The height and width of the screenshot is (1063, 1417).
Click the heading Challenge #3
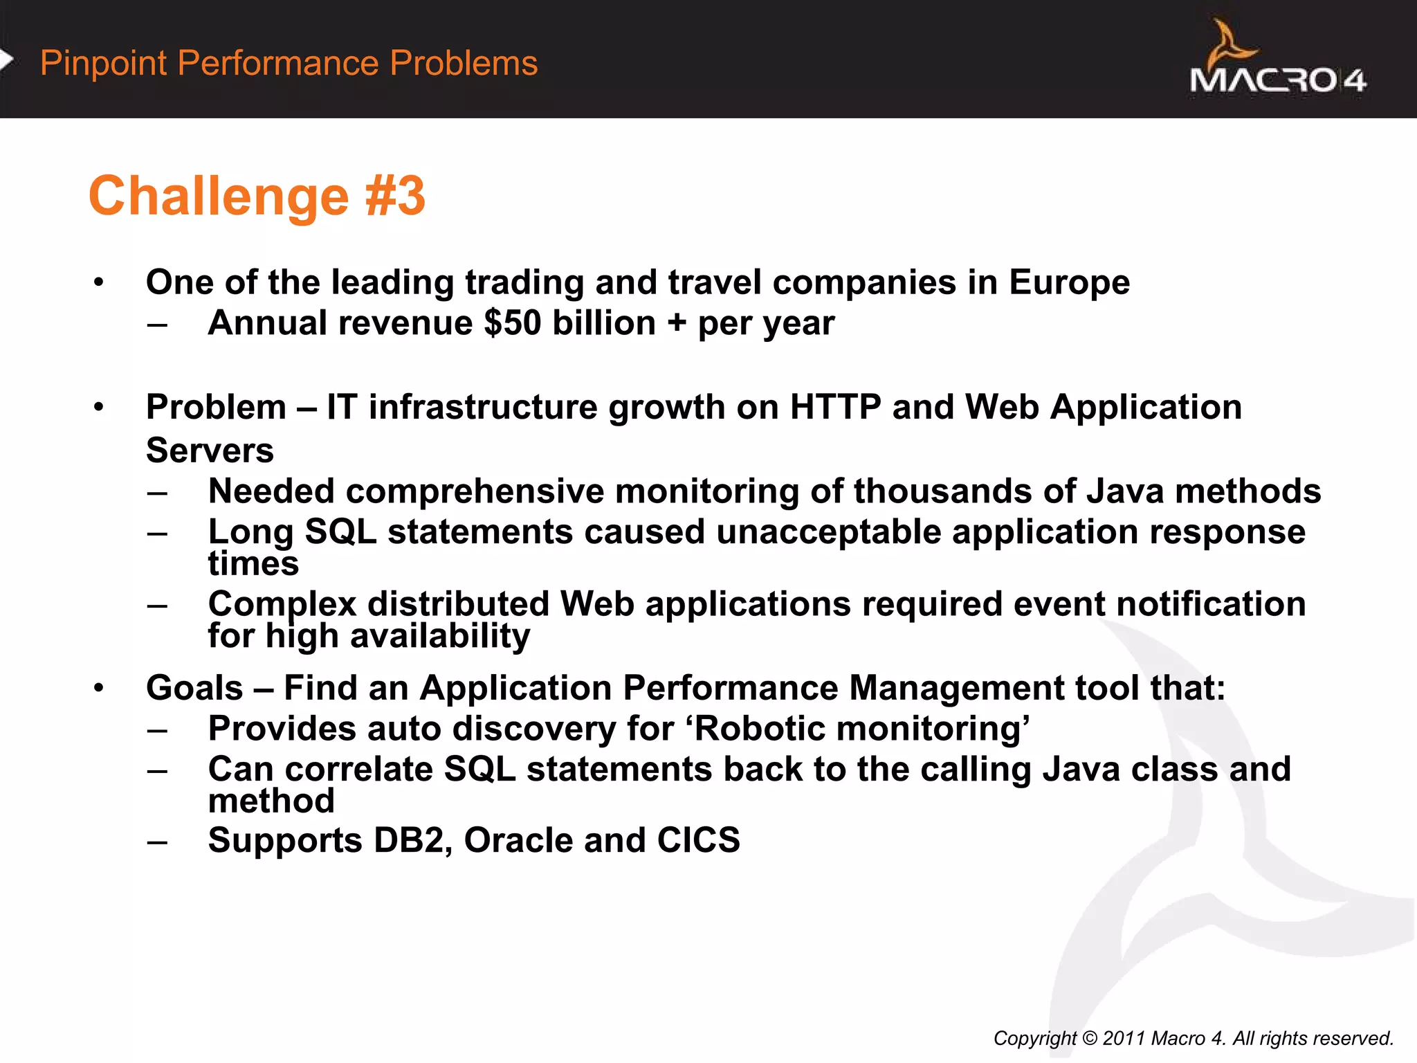click(257, 196)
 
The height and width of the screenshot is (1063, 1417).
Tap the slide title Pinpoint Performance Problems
click(289, 63)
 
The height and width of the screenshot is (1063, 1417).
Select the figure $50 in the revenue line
click(512, 323)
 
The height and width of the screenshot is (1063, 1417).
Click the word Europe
click(1069, 282)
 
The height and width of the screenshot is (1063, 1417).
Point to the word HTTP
click(835, 407)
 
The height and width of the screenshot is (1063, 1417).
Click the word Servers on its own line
click(210, 451)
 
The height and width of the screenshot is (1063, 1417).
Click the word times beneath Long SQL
click(253, 563)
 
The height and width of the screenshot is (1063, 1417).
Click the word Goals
click(194, 688)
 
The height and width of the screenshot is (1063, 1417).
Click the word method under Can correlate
click(271, 801)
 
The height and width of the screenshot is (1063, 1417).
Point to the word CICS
click(698, 840)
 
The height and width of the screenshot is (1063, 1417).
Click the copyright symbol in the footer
click(1089, 1038)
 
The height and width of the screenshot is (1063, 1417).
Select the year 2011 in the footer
click(1124, 1038)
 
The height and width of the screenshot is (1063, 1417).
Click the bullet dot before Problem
click(99, 407)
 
